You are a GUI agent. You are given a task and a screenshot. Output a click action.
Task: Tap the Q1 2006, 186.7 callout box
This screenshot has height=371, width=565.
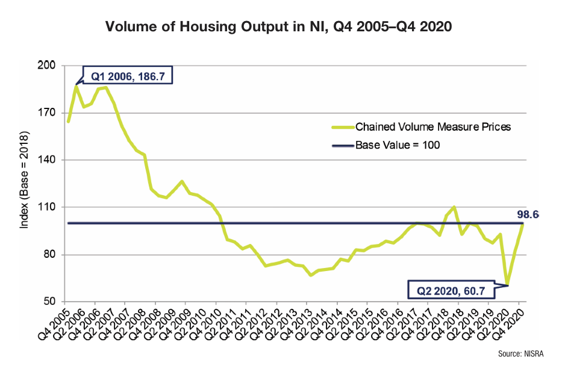[x=123, y=76]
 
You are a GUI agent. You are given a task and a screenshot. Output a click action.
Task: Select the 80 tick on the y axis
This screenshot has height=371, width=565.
[x=52, y=255]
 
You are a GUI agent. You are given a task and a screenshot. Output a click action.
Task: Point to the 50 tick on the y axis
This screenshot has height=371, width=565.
[x=52, y=302]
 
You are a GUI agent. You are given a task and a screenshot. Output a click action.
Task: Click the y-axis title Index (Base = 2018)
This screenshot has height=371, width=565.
[x=25, y=184]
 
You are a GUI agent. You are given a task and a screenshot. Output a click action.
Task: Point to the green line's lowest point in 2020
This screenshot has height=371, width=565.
[x=507, y=284]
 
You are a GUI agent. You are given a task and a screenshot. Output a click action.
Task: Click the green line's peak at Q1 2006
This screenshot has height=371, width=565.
[x=76, y=86]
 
